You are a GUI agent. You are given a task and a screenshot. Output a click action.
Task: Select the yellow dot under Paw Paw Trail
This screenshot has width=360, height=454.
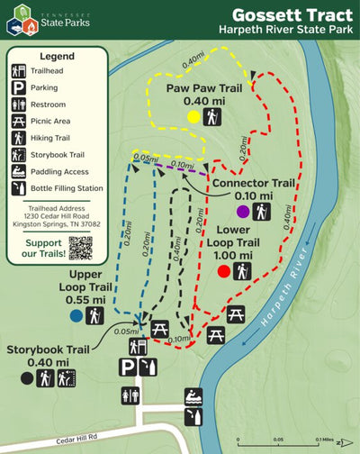tap(193, 117)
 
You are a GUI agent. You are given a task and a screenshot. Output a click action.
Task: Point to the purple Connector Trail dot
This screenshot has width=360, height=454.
tap(243, 212)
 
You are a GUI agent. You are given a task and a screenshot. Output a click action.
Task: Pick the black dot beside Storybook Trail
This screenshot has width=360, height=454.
tap(27, 378)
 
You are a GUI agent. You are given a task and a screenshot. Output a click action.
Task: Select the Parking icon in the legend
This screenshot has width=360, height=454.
tap(18, 88)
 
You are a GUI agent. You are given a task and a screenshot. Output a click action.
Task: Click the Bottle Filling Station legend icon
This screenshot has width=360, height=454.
tap(18, 189)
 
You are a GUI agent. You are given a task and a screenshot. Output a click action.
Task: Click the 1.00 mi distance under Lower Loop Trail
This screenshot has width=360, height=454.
tap(234, 255)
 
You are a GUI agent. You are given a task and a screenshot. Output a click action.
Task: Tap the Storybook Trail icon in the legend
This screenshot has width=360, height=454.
tap(18, 155)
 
